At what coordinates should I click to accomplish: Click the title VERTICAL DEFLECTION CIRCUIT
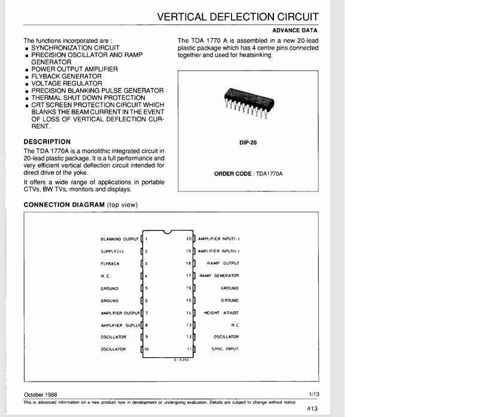238,17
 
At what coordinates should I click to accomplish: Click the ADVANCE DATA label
295,30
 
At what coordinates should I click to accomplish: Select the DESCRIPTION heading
47,142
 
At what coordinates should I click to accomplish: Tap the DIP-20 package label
248,143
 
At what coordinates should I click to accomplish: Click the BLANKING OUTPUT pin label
119,239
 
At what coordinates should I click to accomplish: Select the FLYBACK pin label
110,263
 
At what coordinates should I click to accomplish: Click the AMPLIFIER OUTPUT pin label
120,313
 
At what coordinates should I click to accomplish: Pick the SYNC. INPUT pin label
225,349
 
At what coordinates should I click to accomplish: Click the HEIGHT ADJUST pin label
221,313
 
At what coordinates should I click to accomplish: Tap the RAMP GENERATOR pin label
219,276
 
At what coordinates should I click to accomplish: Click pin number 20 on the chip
188,239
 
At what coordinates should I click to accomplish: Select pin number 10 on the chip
147,349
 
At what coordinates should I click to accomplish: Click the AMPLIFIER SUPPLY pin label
120,325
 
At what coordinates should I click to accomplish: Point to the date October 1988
41,395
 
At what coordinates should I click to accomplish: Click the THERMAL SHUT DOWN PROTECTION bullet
88,98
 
